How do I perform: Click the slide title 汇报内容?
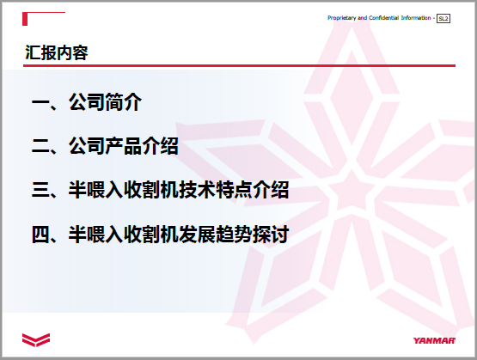click(x=57, y=52)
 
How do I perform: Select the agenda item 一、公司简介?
click(x=87, y=102)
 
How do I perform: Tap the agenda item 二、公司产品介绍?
click(x=105, y=146)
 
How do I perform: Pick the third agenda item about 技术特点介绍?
click(x=161, y=190)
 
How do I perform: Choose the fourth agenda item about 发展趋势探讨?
click(x=161, y=234)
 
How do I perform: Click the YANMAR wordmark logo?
click(x=434, y=340)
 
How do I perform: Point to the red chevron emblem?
click(x=36, y=340)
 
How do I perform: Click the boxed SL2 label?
click(x=443, y=19)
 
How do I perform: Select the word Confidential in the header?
click(x=383, y=18)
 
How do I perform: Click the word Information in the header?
click(x=416, y=18)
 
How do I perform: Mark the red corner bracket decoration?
click(x=25, y=19)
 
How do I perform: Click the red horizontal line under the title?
click(x=239, y=65)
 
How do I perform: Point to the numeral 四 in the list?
click(x=40, y=235)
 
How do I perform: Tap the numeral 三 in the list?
click(x=40, y=191)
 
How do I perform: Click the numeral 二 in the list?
click(x=40, y=147)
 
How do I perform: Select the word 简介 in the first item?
click(x=123, y=102)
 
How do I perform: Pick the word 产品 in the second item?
click(x=123, y=146)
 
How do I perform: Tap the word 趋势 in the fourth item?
click(x=234, y=234)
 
